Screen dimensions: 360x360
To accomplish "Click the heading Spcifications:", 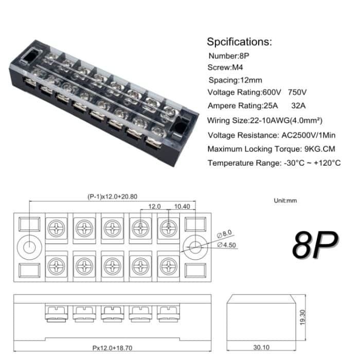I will coord(239,42).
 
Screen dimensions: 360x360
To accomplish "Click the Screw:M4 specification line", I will coord(225,67).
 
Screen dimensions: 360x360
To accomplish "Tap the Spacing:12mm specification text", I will coord(235,80).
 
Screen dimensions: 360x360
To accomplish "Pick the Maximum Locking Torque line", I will coord(272,149).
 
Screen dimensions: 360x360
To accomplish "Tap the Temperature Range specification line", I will coord(274,163).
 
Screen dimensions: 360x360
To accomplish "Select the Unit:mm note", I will coord(285,201).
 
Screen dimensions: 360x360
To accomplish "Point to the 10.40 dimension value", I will coord(182,206).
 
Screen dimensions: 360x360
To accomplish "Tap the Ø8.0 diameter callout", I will coord(225,235).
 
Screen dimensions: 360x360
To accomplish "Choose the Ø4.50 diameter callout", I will coord(227,244).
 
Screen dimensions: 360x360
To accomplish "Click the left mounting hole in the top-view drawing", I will coord(30,247).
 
